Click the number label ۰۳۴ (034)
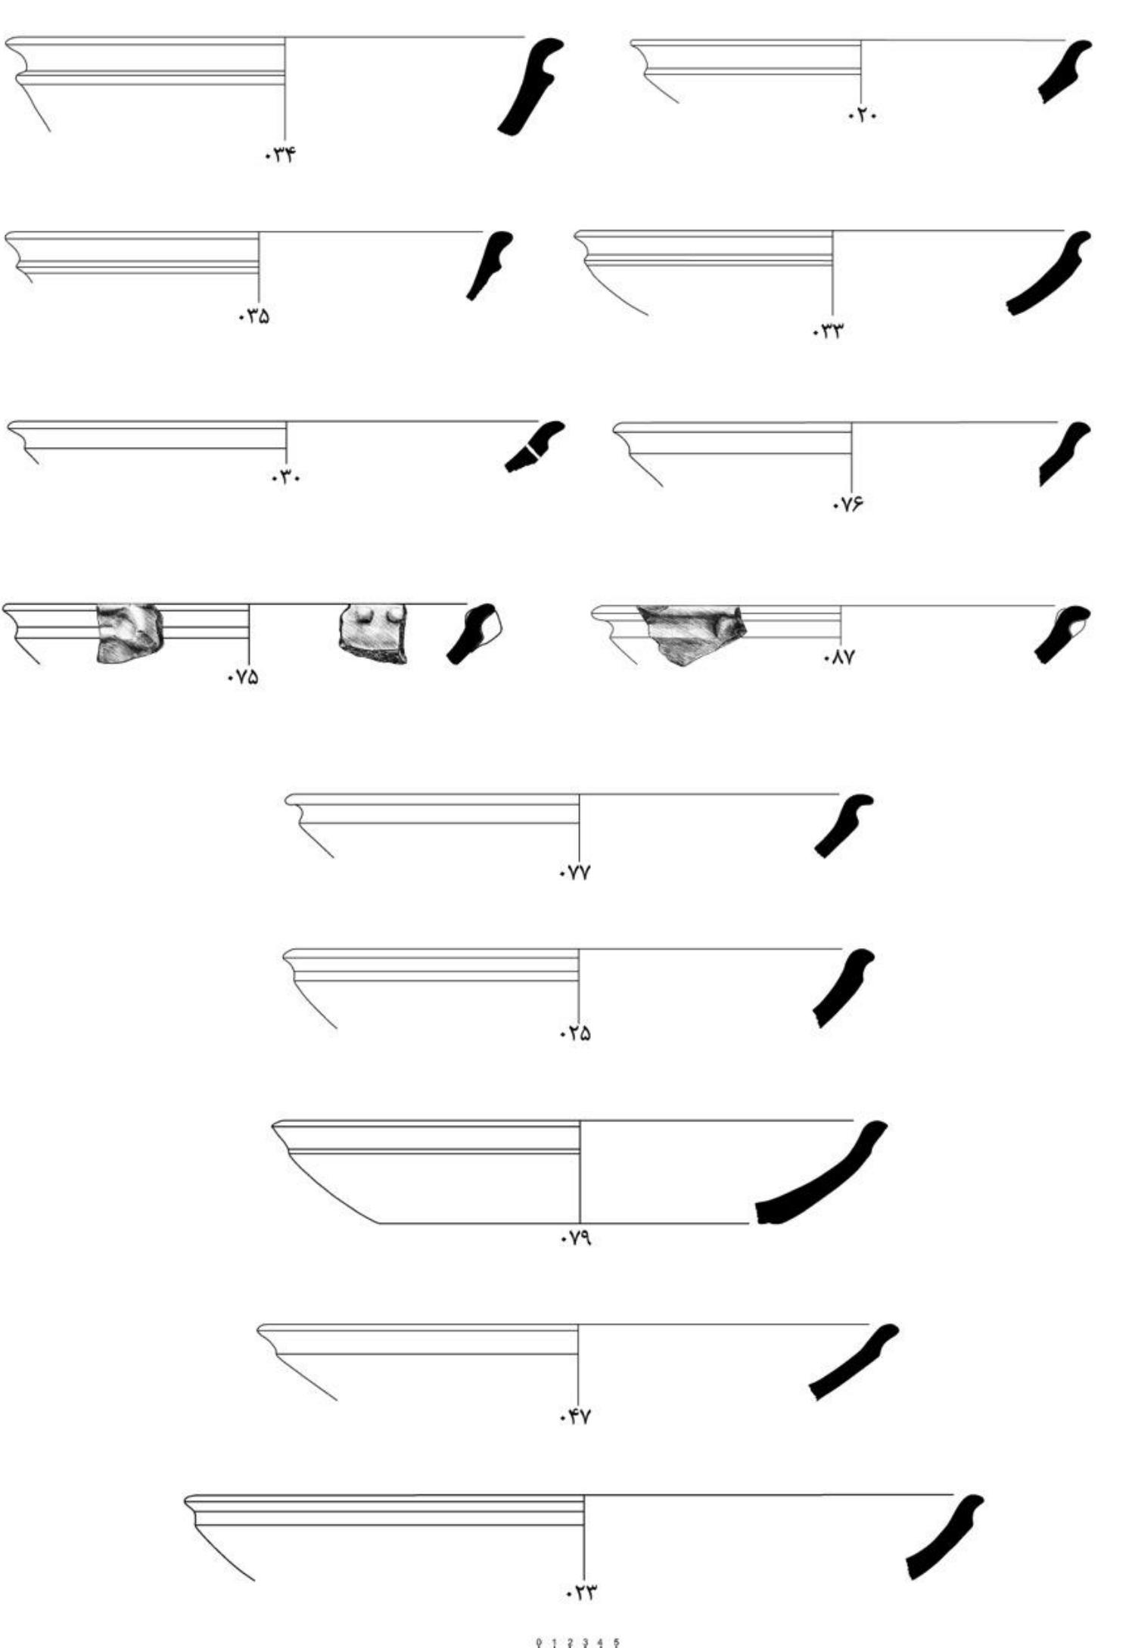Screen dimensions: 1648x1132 (280, 156)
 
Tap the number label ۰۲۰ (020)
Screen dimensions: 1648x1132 (862, 117)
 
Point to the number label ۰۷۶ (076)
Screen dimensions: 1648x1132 (847, 505)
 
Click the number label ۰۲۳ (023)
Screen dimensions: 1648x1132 (581, 1593)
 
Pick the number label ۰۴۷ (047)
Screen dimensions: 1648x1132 (575, 1417)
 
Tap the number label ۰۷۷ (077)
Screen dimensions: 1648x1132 (575, 873)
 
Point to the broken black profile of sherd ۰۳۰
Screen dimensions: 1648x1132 (533, 449)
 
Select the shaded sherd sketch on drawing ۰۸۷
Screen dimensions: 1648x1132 (690, 633)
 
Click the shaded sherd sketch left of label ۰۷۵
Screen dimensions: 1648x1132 (129, 633)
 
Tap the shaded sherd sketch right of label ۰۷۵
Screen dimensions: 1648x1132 (372, 633)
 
